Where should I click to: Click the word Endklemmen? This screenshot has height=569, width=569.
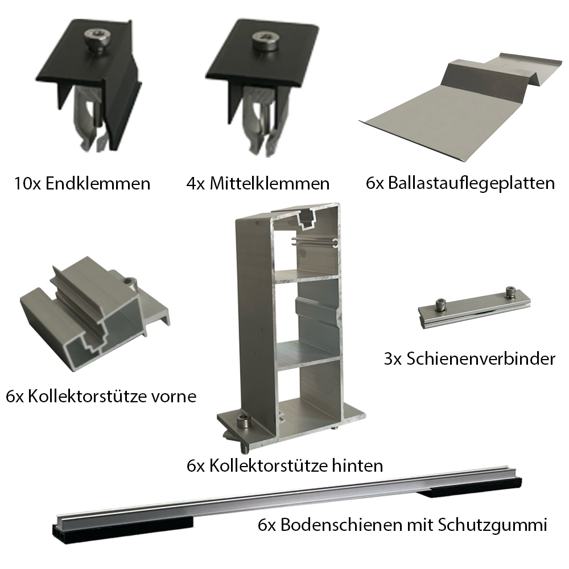pos(98,184)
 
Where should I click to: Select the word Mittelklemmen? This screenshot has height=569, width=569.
pos(269,184)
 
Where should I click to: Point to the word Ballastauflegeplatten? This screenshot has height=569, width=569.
pos(471,183)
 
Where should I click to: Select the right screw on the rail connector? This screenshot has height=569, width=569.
pos(509,291)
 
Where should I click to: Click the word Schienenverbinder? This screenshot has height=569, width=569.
pos(481,359)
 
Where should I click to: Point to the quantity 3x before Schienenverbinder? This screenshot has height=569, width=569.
pos(393,359)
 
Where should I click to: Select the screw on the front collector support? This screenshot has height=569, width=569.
pos(131,283)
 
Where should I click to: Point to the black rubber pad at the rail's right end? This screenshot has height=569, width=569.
pos(472,488)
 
